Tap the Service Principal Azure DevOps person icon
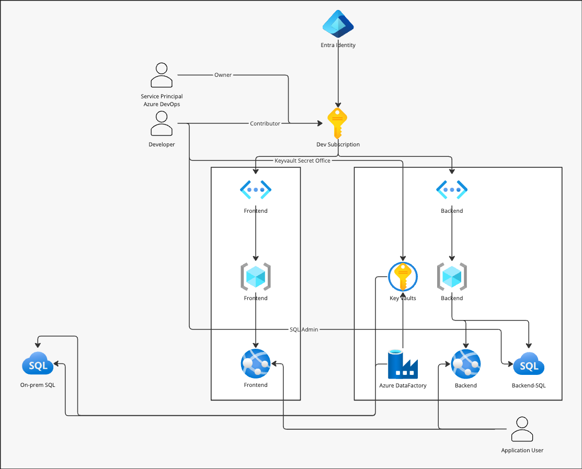point(162,75)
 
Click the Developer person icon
point(162,124)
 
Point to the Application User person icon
point(522,430)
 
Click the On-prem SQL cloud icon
point(38,364)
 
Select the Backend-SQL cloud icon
point(529,364)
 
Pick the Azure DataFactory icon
point(403,364)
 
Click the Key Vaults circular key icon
point(403,277)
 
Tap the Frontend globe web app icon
point(255,364)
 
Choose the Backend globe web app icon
point(465,364)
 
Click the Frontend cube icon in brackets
point(255,277)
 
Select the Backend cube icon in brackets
point(452,277)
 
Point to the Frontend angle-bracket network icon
point(255,190)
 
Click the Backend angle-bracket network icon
point(452,190)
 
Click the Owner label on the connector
point(223,75)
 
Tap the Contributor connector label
point(265,124)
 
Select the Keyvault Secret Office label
point(302,161)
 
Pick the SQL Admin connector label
point(304,329)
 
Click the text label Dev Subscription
point(338,144)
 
